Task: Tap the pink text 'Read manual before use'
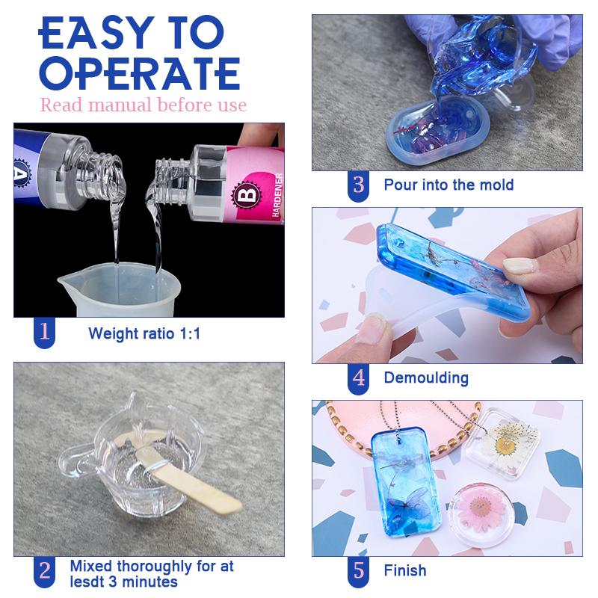(143, 105)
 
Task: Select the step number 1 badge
(45, 332)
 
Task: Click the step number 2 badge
(45, 570)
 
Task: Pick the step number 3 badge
(359, 184)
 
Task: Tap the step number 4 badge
(359, 377)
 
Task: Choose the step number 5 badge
(359, 571)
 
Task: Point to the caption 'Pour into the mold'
(449, 185)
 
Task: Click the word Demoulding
(426, 377)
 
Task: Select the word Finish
(405, 571)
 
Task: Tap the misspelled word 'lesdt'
(87, 581)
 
